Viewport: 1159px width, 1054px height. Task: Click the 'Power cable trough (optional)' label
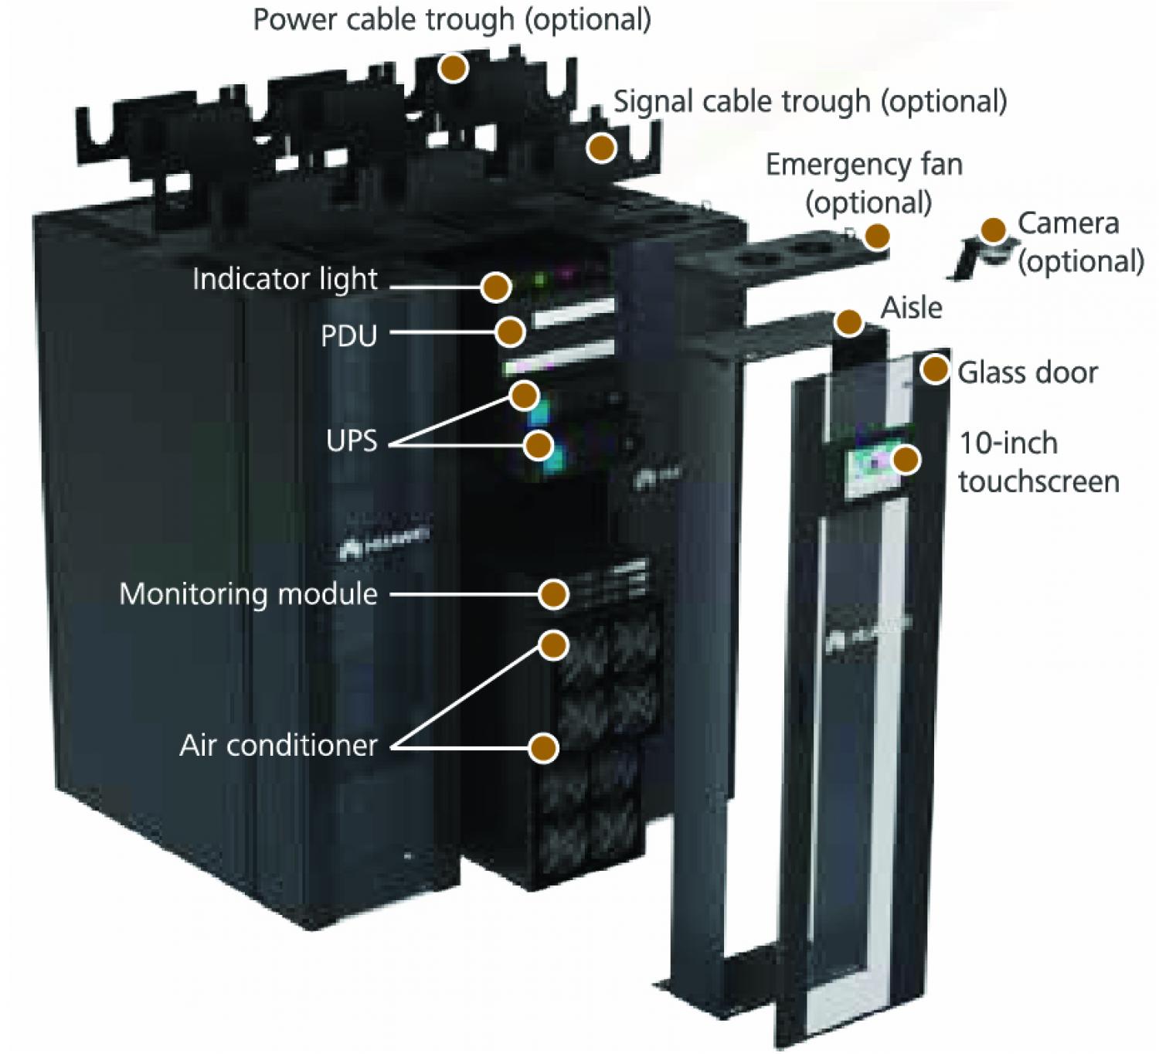pos(452,19)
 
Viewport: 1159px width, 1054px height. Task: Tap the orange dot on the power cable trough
pos(454,69)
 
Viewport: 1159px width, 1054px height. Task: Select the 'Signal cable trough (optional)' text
pos(810,102)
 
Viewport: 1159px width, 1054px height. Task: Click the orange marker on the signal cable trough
pos(601,147)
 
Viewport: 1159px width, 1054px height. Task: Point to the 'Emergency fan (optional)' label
pos(865,183)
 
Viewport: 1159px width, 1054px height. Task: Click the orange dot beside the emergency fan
pos(876,236)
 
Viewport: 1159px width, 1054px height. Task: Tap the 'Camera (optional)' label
pos(1079,242)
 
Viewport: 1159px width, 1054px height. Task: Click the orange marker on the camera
pos(993,230)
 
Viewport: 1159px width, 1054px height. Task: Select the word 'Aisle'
pos(912,308)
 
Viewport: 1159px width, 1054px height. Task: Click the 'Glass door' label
pos(1027,373)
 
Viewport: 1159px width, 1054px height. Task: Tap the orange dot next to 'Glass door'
pos(936,370)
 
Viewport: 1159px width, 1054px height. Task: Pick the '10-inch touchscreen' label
pos(1038,462)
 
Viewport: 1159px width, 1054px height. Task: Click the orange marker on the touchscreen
pos(906,460)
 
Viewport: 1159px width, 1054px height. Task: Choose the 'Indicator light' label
pos(285,280)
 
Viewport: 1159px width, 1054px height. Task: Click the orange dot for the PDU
pos(510,332)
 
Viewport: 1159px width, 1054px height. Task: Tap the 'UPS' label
pos(352,441)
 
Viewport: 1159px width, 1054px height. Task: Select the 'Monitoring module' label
pos(248,594)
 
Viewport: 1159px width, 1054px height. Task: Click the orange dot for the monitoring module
pos(553,594)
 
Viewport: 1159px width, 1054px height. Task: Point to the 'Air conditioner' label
pos(278,746)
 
